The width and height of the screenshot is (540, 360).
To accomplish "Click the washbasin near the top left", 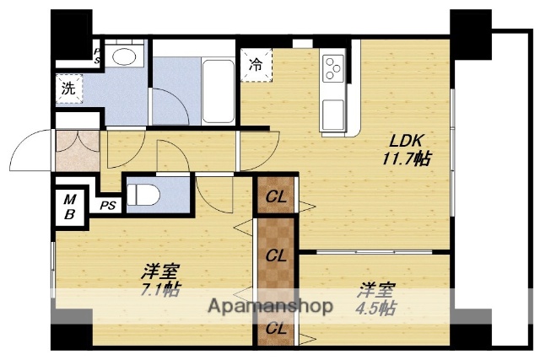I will [126, 56].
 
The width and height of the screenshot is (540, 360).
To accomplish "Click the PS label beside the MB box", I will [107, 205].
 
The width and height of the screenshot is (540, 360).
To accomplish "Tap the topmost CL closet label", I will [276, 199].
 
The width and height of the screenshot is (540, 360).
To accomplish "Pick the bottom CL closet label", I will [276, 330].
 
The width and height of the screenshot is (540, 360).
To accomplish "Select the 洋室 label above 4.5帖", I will [372, 291].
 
